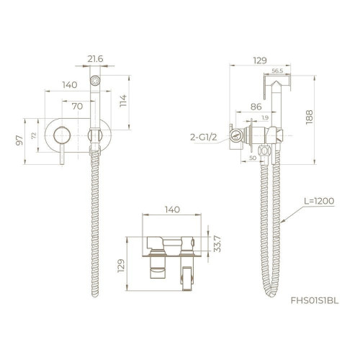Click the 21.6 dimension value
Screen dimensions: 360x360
click(95, 59)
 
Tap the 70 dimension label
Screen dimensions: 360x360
click(77, 106)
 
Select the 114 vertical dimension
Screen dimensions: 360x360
click(123, 101)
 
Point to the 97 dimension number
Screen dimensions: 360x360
click(19, 140)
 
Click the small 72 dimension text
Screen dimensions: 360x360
click(34, 135)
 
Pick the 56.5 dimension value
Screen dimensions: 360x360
click(277, 71)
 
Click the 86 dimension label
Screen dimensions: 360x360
click(256, 107)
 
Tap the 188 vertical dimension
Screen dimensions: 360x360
click(310, 117)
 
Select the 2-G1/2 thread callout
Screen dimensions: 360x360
click(204, 138)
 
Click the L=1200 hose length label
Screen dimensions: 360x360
click(319, 201)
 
